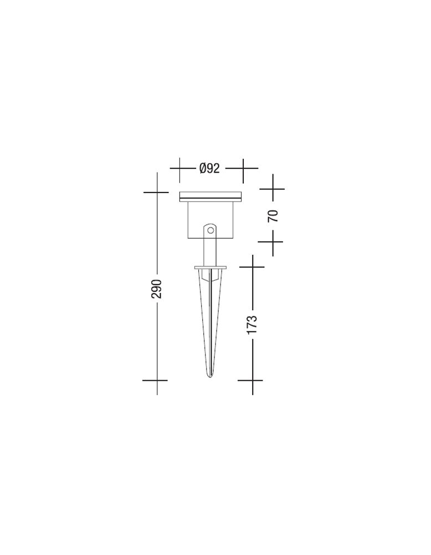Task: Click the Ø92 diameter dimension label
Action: pos(209,168)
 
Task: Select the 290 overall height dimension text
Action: pos(157,289)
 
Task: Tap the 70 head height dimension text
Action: pos(273,215)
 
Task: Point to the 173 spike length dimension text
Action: pos(252,324)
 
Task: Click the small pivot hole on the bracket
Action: pos(211,231)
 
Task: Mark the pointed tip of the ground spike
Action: pos(210,378)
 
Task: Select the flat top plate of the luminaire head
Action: pos(211,196)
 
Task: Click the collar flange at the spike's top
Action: pos(210,268)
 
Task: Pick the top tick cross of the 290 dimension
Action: pos(157,192)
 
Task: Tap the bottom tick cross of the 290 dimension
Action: pos(157,381)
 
